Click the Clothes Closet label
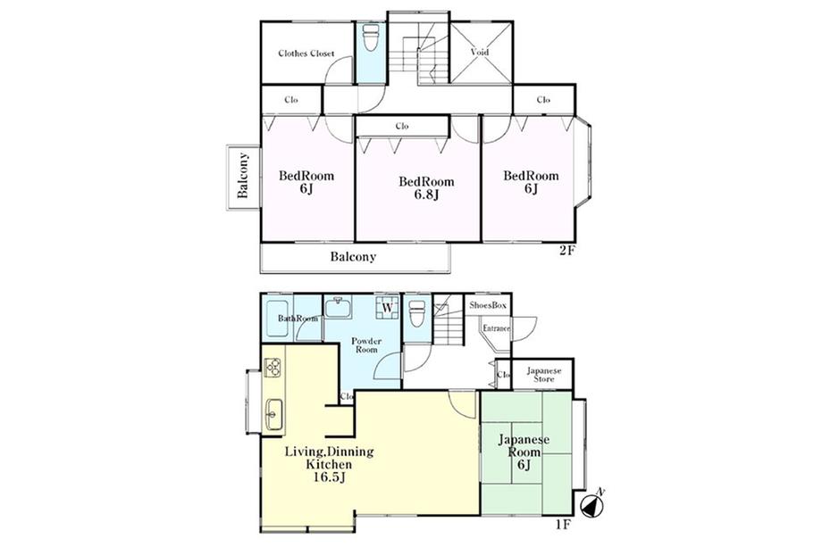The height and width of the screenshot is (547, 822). click(x=306, y=54)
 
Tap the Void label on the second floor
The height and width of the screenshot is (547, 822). click(x=480, y=53)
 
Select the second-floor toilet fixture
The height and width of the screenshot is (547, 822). click(x=371, y=37)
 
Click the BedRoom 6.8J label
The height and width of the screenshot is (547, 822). click(x=426, y=188)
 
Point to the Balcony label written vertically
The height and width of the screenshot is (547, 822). click(x=243, y=176)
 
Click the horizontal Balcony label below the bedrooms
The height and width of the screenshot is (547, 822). click(x=353, y=257)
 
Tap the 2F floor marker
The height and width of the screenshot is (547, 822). click(x=567, y=251)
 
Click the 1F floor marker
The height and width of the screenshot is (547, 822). click(x=563, y=525)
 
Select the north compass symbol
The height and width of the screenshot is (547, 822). click(x=593, y=504)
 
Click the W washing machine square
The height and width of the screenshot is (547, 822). click(x=388, y=307)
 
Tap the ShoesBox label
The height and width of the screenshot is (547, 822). click(x=488, y=305)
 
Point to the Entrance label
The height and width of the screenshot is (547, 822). click(x=497, y=328)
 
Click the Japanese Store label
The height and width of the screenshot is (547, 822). click(x=543, y=375)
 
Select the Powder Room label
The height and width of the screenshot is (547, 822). click(x=366, y=345)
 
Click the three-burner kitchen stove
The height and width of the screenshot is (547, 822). click(x=273, y=368)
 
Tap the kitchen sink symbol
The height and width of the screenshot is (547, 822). click(x=273, y=415)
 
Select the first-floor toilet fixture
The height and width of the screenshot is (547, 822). click(x=417, y=313)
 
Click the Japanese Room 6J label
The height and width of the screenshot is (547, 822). click(x=524, y=452)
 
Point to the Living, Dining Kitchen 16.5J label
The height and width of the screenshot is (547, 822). click(x=329, y=464)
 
